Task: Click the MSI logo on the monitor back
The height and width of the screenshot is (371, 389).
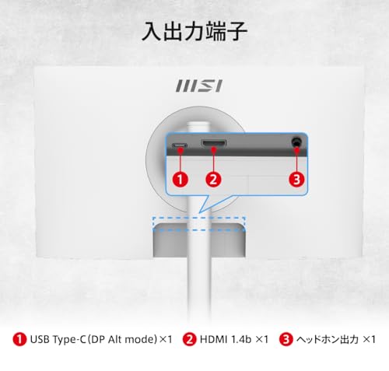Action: tap(199, 86)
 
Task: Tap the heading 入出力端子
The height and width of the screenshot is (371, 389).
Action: tap(194, 31)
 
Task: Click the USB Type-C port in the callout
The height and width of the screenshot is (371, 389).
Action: tap(180, 145)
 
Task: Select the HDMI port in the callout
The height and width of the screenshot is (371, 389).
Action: tap(213, 143)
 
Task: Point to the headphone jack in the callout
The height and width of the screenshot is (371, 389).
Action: tap(296, 142)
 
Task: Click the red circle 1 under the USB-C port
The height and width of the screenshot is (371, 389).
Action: tap(180, 179)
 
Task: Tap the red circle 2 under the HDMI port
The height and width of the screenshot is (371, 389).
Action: tap(213, 179)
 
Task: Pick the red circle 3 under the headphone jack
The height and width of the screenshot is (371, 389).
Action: tap(296, 179)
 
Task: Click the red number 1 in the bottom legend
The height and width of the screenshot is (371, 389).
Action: tap(19, 339)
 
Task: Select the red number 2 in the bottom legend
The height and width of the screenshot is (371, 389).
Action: tap(190, 339)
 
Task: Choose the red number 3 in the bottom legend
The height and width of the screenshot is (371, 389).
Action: tap(286, 339)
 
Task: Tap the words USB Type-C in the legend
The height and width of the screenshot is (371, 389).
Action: tap(58, 340)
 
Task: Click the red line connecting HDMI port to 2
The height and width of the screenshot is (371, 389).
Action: tap(213, 161)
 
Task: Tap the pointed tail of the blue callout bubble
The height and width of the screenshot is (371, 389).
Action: tap(199, 213)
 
